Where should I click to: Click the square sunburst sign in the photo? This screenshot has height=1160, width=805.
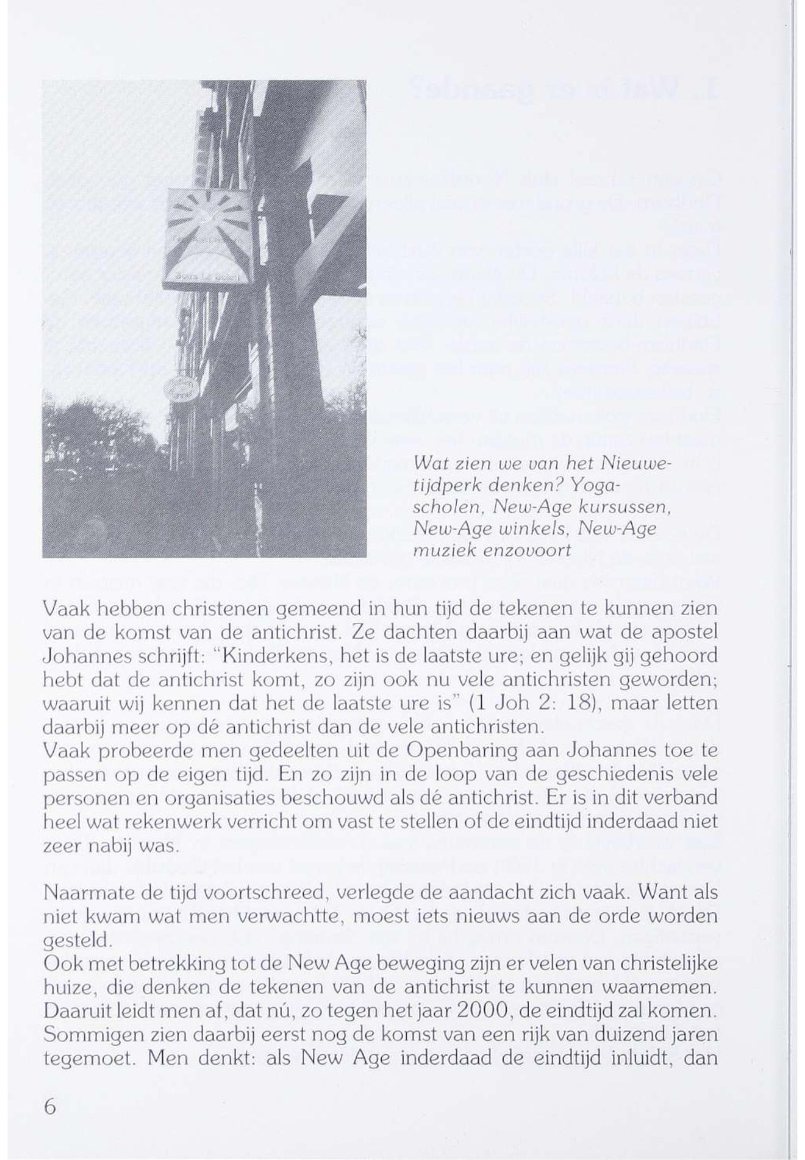[209, 235]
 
